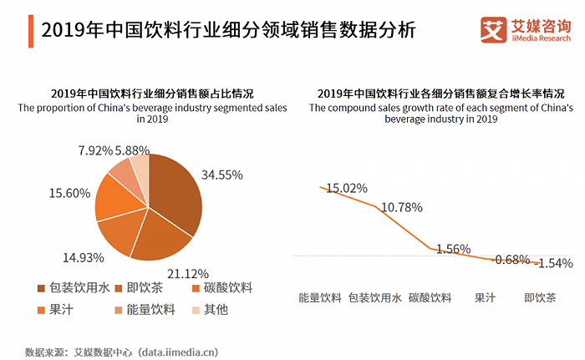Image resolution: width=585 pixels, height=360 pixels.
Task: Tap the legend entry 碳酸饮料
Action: (221, 288)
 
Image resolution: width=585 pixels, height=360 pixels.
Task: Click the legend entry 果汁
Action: (59, 309)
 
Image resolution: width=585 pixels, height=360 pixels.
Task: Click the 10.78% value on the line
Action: (402, 206)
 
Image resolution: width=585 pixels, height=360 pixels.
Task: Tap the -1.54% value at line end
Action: (553, 263)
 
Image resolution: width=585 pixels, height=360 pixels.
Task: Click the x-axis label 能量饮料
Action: (319, 297)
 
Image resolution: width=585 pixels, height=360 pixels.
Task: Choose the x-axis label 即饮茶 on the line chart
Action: (539, 297)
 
